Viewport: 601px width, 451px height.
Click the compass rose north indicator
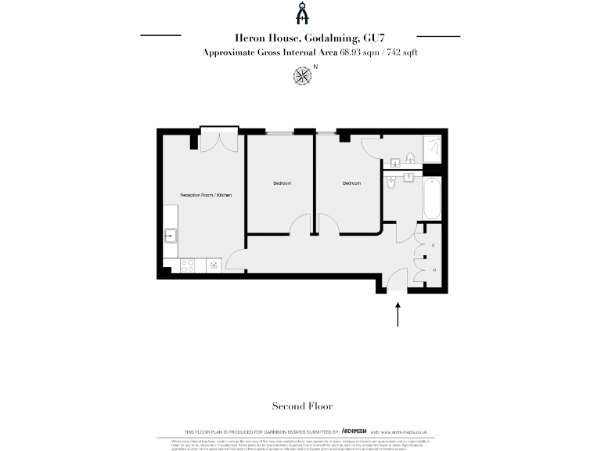301,75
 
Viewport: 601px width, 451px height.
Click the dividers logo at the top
300,13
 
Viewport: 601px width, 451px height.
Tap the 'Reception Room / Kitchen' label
207,194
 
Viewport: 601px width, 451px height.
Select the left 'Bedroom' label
282,183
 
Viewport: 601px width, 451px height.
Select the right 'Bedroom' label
351,183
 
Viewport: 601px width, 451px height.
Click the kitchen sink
171,234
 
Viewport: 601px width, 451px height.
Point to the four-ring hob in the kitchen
189,266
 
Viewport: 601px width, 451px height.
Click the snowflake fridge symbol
214,266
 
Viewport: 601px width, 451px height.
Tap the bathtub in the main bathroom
431,198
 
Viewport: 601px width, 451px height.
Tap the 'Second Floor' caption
302,406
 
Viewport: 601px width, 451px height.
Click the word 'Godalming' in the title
326,37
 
